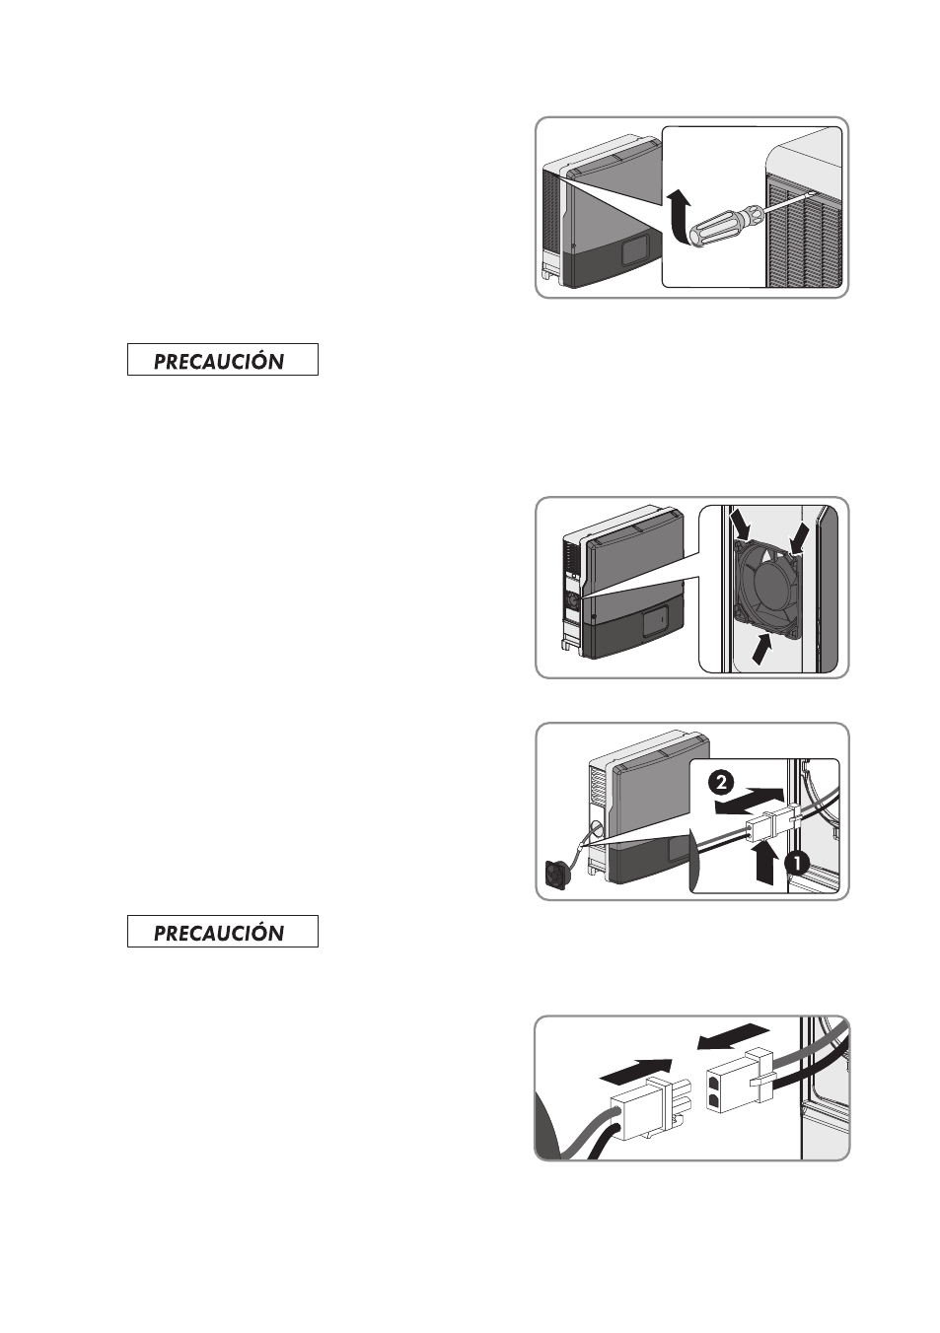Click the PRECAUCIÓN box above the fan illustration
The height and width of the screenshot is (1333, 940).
[x=223, y=360]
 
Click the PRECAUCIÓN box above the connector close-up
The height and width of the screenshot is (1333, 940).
[x=223, y=932]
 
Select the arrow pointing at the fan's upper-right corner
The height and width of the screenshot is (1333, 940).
[x=798, y=536]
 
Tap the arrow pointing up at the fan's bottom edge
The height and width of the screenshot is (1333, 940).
[x=762, y=648]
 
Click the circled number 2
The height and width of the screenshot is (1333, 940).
[x=721, y=782]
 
